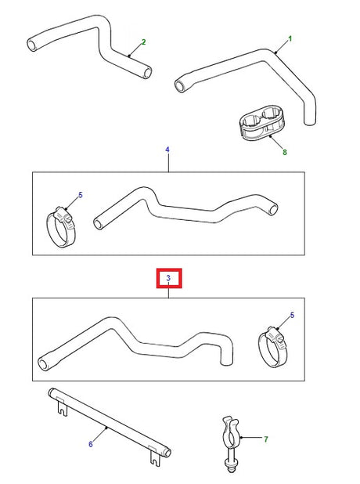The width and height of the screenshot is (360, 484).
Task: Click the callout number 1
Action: click(290, 38)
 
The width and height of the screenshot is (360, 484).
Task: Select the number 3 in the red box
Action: click(168, 278)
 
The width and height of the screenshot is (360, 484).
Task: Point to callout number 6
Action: click(90, 444)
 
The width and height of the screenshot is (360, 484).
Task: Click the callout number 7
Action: click(266, 440)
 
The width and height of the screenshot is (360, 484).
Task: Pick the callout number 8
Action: click(285, 152)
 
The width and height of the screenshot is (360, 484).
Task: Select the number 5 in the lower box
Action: click(293, 316)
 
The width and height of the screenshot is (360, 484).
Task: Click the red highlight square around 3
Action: click(168, 269)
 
